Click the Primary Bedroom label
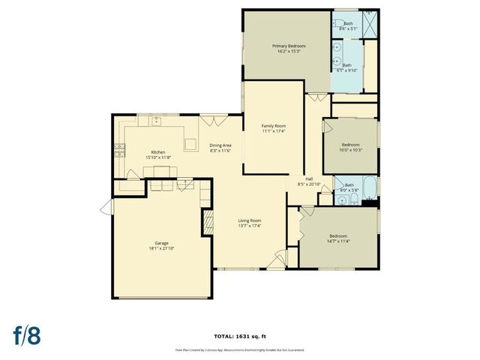click(x=289, y=46)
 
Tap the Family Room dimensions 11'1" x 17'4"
click(x=273, y=131)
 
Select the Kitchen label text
click(x=157, y=152)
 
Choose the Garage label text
click(x=161, y=243)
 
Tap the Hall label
click(x=308, y=178)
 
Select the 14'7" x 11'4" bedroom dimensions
click(x=339, y=241)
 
